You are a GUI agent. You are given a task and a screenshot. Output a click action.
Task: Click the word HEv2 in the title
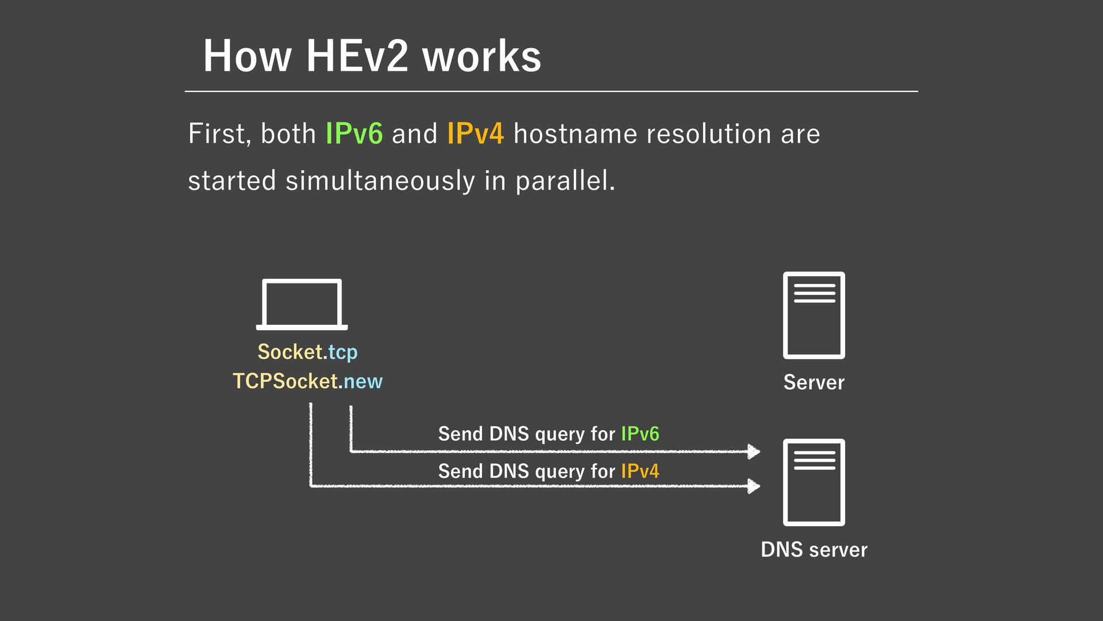click(x=357, y=56)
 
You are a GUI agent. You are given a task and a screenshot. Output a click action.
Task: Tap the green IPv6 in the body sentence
click(x=354, y=134)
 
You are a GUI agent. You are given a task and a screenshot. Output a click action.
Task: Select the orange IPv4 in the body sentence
click(x=475, y=134)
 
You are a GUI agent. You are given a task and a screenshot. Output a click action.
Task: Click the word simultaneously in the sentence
click(x=380, y=181)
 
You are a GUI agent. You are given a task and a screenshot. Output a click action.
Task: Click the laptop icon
click(x=302, y=304)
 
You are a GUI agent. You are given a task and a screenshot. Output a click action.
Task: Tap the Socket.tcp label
click(x=307, y=352)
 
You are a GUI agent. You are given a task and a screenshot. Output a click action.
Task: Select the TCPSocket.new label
click(x=307, y=381)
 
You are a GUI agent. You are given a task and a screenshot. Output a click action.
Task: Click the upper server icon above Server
click(x=813, y=315)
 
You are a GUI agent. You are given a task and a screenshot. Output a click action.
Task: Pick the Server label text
click(x=813, y=382)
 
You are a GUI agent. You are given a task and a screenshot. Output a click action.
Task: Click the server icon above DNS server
click(x=813, y=482)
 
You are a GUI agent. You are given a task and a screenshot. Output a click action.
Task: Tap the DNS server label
click(x=813, y=550)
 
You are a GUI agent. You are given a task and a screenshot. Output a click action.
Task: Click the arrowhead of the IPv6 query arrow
click(x=753, y=451)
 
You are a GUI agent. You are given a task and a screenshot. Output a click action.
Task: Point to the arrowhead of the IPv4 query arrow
click(x=753, y=486)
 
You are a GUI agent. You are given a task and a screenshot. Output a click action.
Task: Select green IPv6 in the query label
click(x=640, y=434)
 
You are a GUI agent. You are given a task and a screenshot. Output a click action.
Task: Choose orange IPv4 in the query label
click(x=640, y=471)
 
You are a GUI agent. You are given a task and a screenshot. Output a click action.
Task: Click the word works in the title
click(x=481, y=56)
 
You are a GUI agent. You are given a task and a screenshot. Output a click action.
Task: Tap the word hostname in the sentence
click(x=575, y=134)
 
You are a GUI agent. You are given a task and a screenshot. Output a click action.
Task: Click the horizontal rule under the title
click(x=551, y=91)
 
